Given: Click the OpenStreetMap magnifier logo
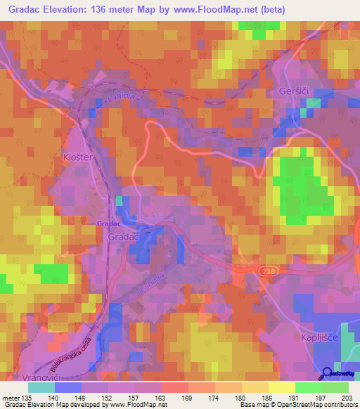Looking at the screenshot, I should [328, 374].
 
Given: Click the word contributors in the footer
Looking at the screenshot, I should [340, 405].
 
